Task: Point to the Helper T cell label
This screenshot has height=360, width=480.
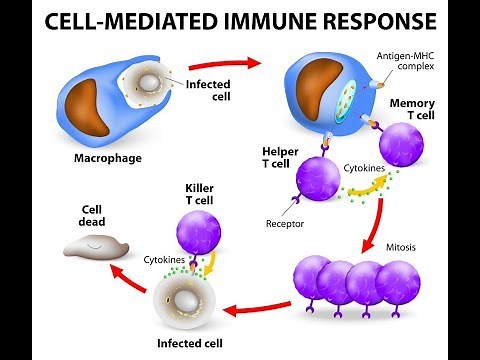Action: [x=283, y=158]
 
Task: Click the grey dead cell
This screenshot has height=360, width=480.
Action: [x=94, y=247]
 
